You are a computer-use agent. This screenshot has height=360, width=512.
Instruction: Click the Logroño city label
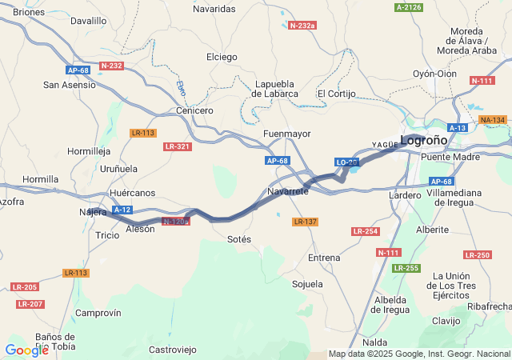[x=424, y=140]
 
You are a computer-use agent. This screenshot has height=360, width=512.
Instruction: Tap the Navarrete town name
[x=288, y=192]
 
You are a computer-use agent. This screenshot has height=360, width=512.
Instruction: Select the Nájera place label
[x=93, y=212]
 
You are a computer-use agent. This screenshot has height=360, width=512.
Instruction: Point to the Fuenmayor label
[x=286, y=134]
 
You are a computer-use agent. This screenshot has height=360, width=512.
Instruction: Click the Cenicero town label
[x=194, y=110]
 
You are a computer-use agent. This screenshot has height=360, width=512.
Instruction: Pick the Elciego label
[x=222, y=57]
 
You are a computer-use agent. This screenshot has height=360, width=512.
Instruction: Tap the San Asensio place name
[x=70, y=84]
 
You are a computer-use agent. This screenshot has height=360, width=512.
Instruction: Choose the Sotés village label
[x=239, y=239]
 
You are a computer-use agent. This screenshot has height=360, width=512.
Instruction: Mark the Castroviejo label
[x=173, y=350]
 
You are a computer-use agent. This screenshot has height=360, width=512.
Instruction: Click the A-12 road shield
[x=122, y=210]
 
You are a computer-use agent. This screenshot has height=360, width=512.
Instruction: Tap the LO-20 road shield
[x=346, y=162]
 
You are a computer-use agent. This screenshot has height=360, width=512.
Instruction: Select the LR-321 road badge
[x=177, y=146]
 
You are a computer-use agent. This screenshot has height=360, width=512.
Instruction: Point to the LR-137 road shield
[x=305, y=222]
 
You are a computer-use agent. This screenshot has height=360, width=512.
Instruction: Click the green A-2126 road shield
[x=408, y=7]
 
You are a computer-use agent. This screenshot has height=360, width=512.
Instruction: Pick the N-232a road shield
[x=302, y=26]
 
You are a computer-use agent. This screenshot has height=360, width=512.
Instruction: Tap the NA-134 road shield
[x=492, y=120]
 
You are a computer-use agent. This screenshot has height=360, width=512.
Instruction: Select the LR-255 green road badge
[x=406, y=268]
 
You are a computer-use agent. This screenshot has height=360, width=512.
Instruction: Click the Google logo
[x=26, y=350]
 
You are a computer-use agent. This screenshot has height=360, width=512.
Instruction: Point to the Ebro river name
[x=182, y=88]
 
